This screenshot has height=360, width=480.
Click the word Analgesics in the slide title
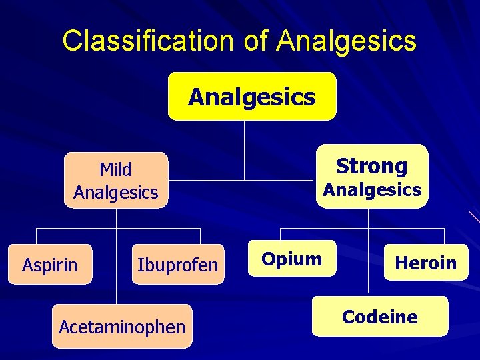[x=347, y=41]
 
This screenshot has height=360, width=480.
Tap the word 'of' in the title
[x=256, y=41]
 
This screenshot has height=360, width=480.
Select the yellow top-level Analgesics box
[x=251, y=97]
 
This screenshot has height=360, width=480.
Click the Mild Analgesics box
[x=116, y=181]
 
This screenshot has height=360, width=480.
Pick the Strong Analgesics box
[x=371, y=177]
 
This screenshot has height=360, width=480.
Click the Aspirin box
[x=50, y=265]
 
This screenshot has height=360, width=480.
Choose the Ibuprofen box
[x=177, y=265]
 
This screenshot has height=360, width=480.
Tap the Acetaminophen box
[x=122, y=327]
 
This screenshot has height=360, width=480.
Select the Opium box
[x=291, y=259]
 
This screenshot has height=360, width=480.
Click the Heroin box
[x=425, y=263]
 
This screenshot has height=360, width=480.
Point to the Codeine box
[x=380, y=317]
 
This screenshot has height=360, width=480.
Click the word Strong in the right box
[x=371, y=165]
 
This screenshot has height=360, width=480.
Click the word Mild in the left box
[x=116, y=169]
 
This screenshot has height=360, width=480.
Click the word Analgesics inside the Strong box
[x=372, y=190]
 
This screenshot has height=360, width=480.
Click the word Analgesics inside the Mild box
[x=116, y=193]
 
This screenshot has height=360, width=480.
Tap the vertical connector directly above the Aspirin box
[x=36, y=237]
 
